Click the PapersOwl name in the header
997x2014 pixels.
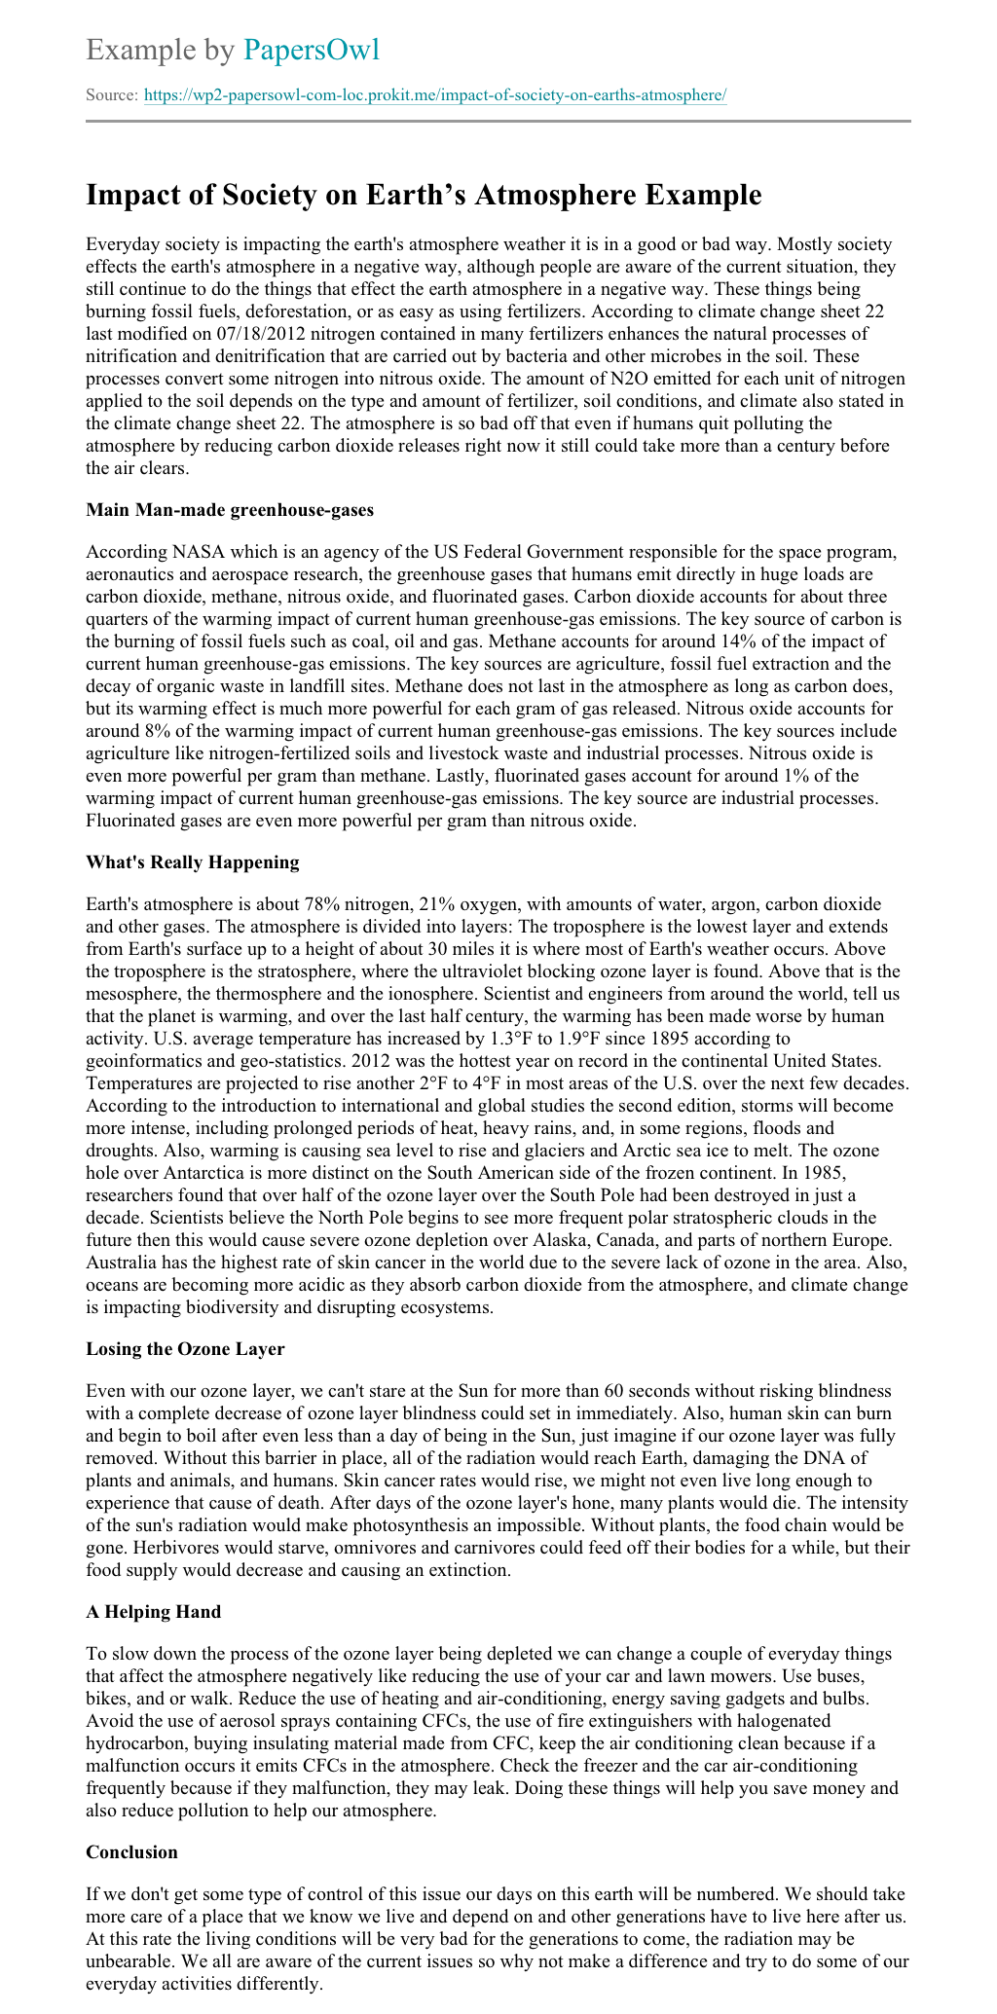click(312, 50)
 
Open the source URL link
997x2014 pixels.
click(435, 95)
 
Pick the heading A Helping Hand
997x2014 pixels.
click(153, 1611)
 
